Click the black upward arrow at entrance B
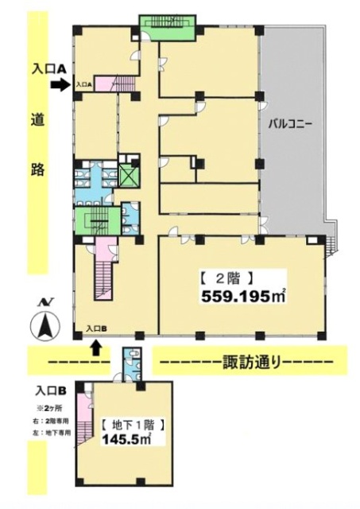pyautogui.click(x=96, y=346)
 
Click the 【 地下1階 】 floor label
pyautogui.click(x=124, y=425)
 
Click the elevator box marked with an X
pyautogui.click(x=127, y=173)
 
